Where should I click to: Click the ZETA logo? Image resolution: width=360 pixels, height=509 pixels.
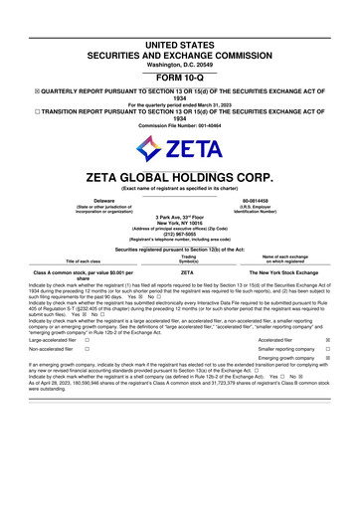[180, 152]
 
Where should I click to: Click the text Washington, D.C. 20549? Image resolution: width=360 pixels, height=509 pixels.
[180, 37]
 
